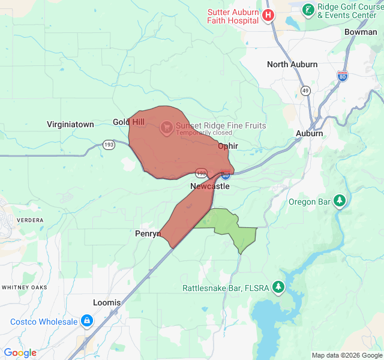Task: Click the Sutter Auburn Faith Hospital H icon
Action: (x=269, y=15)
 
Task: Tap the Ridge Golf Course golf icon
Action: (x=308, y=10)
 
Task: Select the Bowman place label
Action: (x=361, y=32)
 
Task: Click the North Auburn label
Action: (x=292, y=64)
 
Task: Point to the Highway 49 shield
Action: (x=305, y=90)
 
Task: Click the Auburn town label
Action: (x=310, y=133)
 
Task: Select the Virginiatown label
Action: (x=70, y=124)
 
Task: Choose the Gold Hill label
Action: (x=128, y=122)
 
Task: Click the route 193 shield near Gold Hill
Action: (x=109, y=145)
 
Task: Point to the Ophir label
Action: (x=228, y=146)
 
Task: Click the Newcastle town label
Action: (x=210, y=186)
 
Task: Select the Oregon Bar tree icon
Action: (x=340, y=201)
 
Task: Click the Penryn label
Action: (x=148, y=233)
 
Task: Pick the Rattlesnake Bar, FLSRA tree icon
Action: (x=278, y=288)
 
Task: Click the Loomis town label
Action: (x=107, y=302)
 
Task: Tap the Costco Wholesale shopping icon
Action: (x=87, y=321)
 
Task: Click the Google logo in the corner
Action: (x=20, y=353)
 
